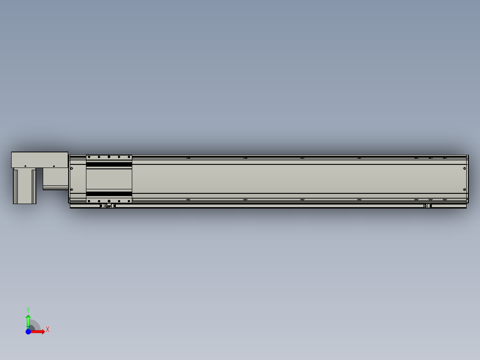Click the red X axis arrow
click(38, 331)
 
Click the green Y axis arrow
click(28, 320)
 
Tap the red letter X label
click(48, 330)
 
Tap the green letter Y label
click(28, 309)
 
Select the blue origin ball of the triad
click(28, 331)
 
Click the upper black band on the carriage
click(109, 164)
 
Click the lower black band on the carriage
click(109, 194)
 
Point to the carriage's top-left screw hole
click(89, 157)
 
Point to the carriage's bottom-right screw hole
click(129, 201)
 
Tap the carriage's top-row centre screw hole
click(109, 157)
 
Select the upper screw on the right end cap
click(465, 168)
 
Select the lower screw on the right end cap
click(465, 191)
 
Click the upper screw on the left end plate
click(72, 168)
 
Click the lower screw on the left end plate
click(72, 190)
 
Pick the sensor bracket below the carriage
click(107, 206)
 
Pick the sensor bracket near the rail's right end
click(427, 206)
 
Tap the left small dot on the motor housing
click(25, 166)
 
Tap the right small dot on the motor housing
click(54, 166)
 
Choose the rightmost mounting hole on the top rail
click(444, 158)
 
